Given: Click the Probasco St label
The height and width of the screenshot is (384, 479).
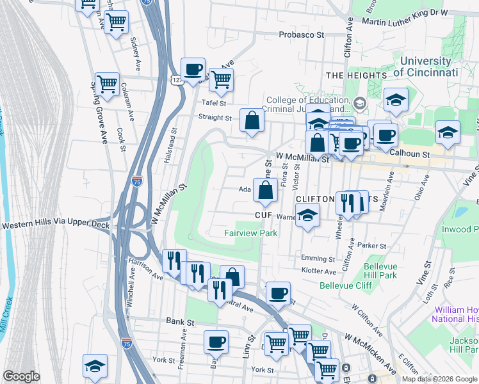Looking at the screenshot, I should pos(302,35).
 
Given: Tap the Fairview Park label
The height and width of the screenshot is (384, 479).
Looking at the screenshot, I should pos(250,234).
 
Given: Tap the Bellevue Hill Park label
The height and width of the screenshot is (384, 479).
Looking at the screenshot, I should pos(380,271).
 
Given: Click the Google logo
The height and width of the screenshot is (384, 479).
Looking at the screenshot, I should pos(21,376).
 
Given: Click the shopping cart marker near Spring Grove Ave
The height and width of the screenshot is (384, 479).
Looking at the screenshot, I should pos(107,84).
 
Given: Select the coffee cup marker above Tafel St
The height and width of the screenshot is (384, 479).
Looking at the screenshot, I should pos(193,70).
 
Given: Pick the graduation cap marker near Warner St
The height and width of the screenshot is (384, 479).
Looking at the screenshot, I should pos(307,216).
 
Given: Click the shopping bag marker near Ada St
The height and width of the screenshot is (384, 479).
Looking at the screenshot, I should pos(265,189).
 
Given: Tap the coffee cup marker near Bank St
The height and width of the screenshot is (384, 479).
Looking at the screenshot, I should pos(216,342).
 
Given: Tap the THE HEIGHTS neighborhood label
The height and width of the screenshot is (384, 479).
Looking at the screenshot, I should pos(356,76).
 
